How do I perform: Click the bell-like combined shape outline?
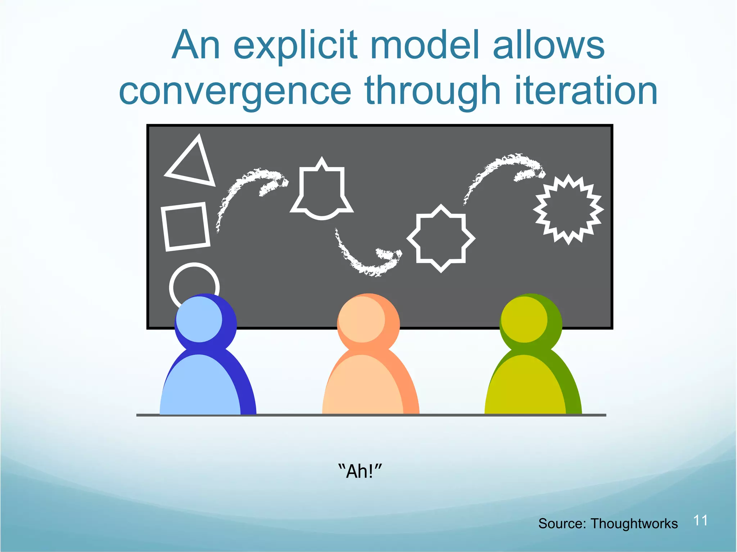[322, 191]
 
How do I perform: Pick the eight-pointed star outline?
[441, 238]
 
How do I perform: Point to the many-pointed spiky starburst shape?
[568, 210]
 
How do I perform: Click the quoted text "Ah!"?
[360, 471]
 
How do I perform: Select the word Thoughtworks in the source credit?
[634, 524]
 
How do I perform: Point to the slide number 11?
[700, 520]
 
